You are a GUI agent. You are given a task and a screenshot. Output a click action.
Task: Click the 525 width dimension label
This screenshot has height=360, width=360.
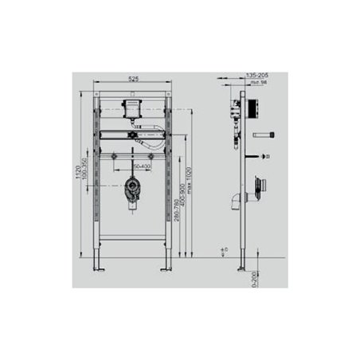(x=133, y=79)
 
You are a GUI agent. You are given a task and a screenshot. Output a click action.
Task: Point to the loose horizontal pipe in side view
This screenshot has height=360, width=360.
(x=264, y=135)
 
